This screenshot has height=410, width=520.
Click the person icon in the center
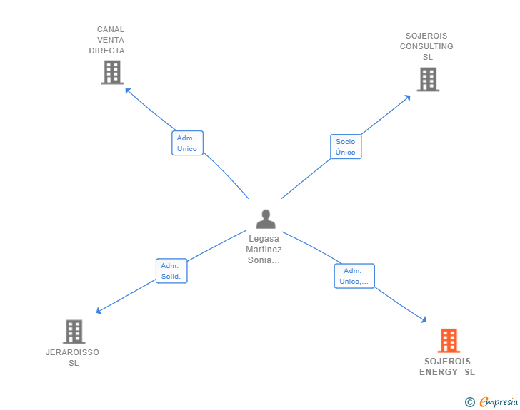266,219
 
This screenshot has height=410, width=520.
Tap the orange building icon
449,340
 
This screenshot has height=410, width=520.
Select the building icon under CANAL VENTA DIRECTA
112,72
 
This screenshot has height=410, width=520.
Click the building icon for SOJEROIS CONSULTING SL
428,79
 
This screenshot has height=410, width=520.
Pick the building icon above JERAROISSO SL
74,332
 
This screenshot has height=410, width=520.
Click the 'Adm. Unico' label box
187,143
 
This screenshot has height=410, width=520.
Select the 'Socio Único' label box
346,147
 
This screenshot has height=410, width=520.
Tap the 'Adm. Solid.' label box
171,271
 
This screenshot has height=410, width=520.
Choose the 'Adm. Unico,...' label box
354,276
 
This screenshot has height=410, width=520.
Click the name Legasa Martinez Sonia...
264,250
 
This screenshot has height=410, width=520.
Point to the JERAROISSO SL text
73,358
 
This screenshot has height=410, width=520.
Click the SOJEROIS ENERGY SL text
447,367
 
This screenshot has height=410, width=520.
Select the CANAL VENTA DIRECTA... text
111,40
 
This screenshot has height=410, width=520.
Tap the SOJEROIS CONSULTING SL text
426,46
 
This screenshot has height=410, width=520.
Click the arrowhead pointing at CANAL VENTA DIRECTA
128,91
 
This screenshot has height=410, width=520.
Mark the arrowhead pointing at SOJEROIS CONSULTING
408,98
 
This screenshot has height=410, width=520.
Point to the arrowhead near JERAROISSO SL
99,311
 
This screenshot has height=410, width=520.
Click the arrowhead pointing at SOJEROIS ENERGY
424,319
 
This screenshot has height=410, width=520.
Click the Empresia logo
499,401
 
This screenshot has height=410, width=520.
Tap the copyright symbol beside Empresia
469,402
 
